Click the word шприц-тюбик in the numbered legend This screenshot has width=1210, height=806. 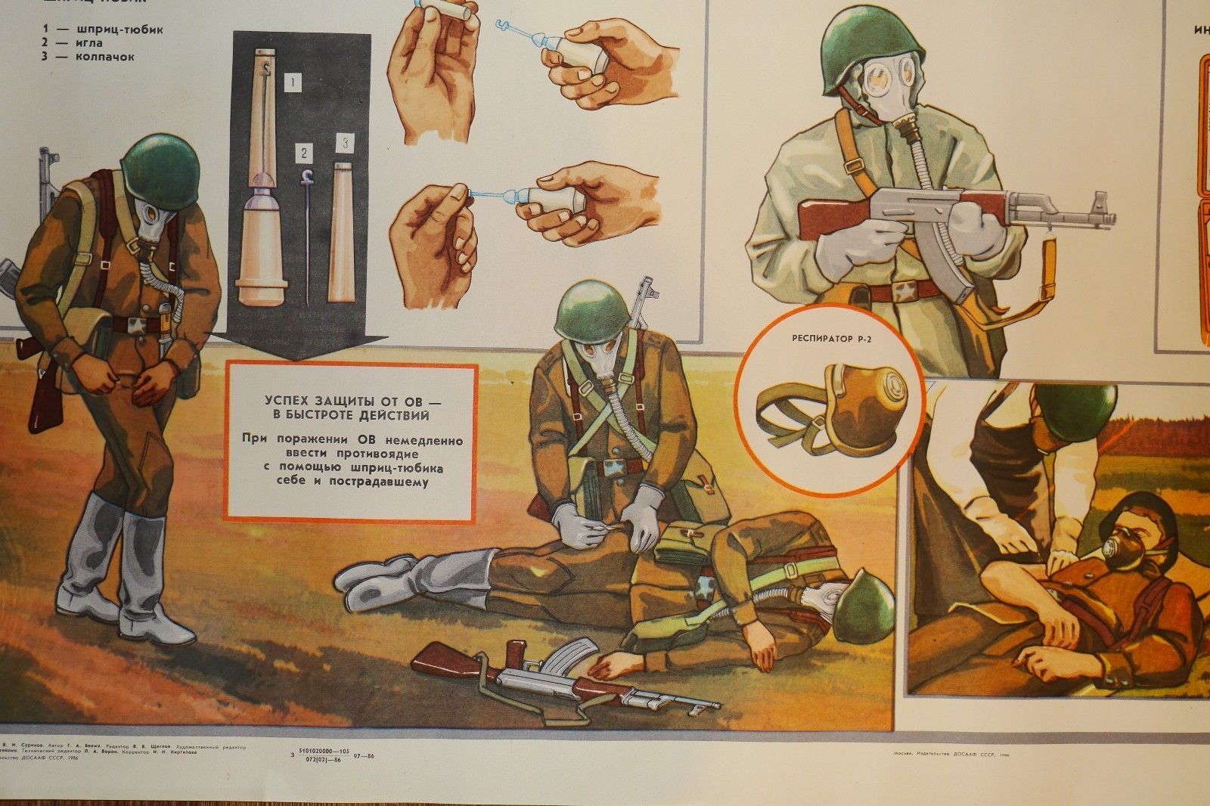(125, 30)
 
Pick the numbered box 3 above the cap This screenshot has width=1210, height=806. (345, 141)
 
